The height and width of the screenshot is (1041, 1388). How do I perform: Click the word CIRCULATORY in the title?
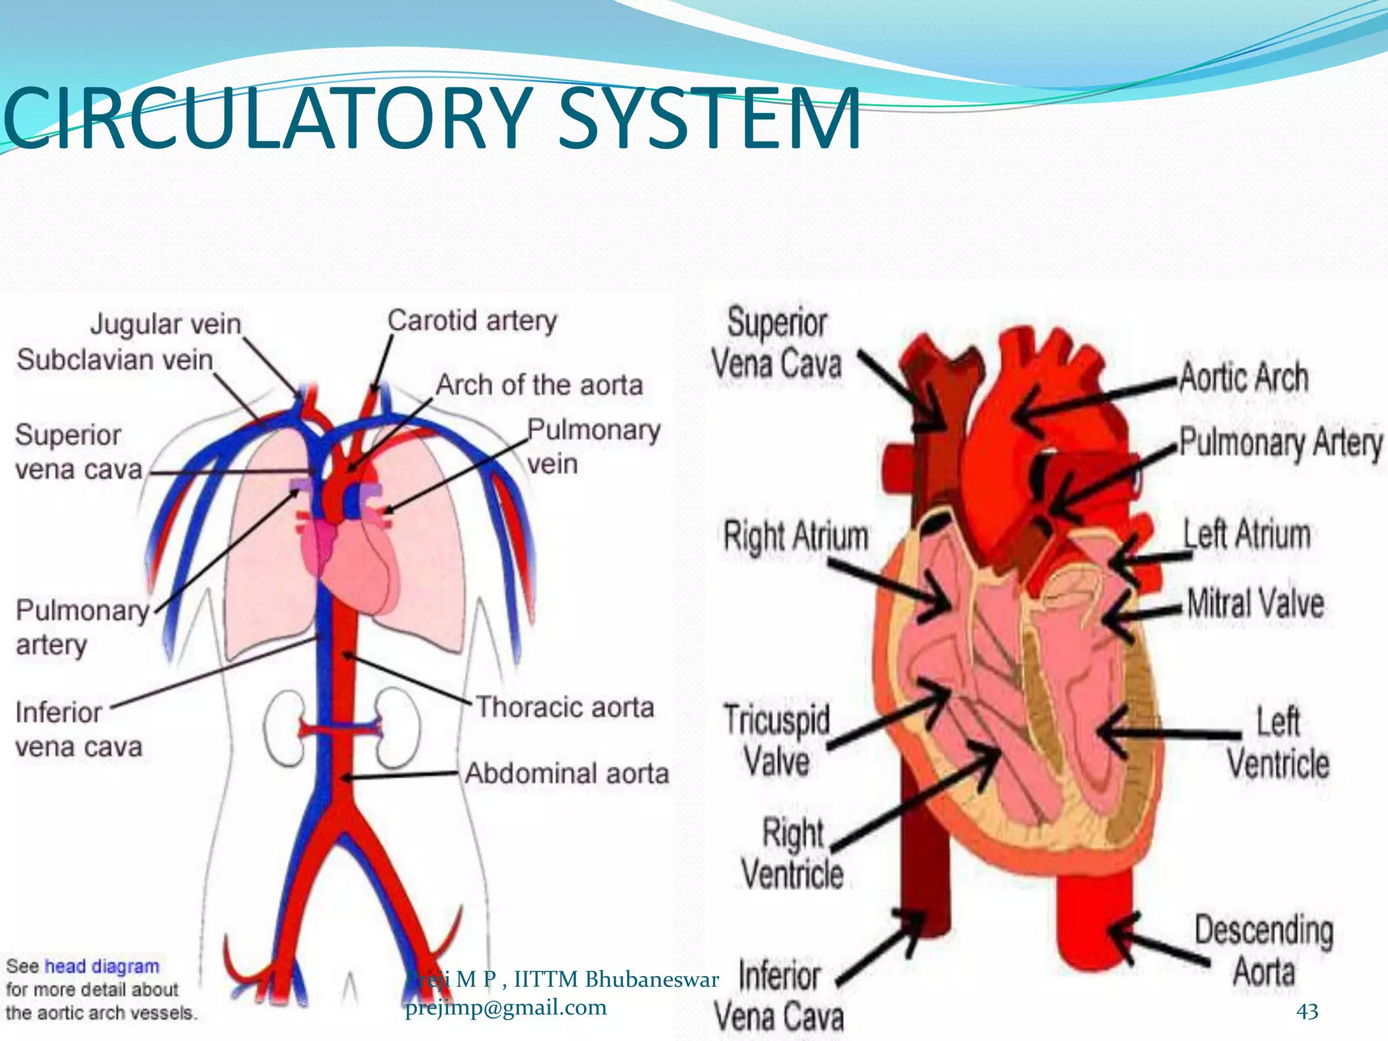(268, 119)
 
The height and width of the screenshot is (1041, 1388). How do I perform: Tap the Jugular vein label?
(166, 324)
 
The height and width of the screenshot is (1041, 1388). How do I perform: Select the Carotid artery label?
(472, 320)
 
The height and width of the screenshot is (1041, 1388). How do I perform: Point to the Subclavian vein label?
(115, 359)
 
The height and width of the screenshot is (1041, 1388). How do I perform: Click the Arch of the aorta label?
(539, 385)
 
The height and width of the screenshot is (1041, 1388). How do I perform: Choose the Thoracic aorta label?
(565, 707)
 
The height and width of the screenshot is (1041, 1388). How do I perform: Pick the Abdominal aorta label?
(567, 773)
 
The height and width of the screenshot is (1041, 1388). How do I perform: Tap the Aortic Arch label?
(1244, 377)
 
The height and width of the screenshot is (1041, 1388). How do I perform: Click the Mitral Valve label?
(1255, 603)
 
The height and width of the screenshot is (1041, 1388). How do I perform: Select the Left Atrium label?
(1246, 533)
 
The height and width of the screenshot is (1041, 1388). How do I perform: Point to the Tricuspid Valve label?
(777, 740)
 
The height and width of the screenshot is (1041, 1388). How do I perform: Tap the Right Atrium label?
(796, 536)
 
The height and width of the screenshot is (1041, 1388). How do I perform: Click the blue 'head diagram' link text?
(102, 966)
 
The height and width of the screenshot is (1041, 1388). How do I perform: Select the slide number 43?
(1307, 1011)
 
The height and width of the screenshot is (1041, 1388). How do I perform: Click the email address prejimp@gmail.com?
(506, 1008)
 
